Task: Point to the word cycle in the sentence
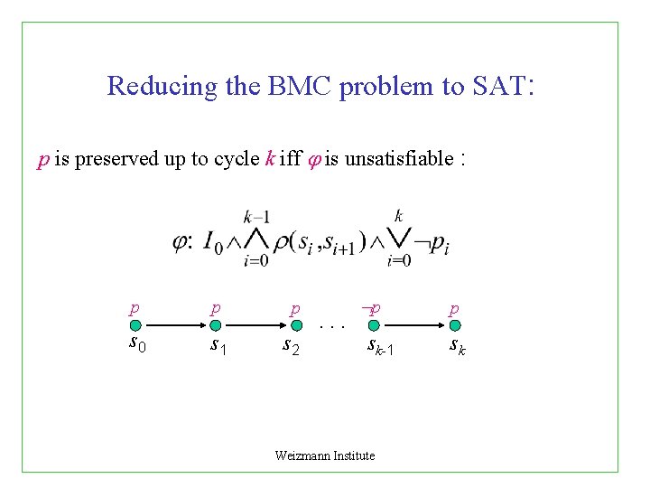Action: tap(236, 160)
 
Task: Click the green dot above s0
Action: tap(135, 325)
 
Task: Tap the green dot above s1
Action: tap(215, 325)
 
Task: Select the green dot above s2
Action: tap(296, 325)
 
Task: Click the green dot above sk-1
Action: tap(375, 325)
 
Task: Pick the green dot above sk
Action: tap(455, 325)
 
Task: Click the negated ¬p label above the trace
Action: tap(370, 309)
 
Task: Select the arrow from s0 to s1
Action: tap(175, 325)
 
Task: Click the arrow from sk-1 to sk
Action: tap(415, 325)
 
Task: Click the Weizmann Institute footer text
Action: tap(324, 455)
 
